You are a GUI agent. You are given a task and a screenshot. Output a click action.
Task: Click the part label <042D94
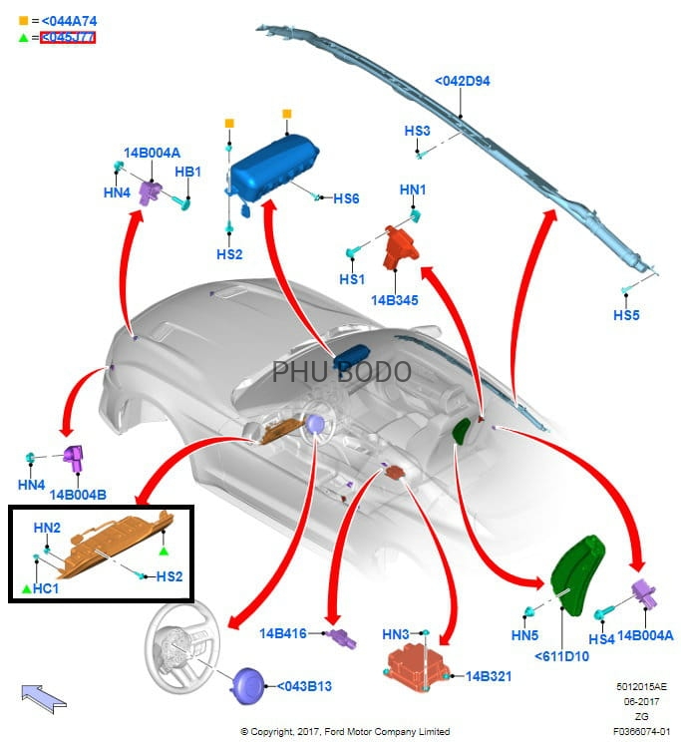click(x=462, y=81)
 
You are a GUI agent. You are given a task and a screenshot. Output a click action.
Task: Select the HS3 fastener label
click(x=417, y=131)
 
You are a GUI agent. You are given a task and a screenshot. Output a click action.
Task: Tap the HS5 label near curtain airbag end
click(x=626, y=315)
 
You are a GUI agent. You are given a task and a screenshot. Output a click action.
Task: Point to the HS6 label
click(x=346, y=198)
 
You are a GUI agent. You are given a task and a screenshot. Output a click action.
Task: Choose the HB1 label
click(x=188, y=172)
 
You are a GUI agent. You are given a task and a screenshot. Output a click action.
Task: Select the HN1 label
click(x=413, y=188)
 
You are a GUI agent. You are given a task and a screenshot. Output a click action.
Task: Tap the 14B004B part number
click(x=78, y=494)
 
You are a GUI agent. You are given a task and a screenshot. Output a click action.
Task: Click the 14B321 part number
click(x=489, y=676)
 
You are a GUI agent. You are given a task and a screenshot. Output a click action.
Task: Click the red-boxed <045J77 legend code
click(x=68, y=38)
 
